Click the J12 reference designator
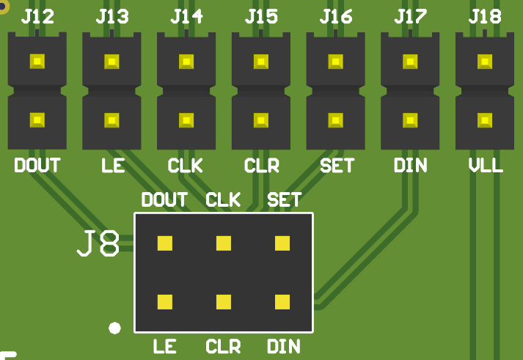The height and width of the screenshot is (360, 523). pyautogui.click(x=37, y=16)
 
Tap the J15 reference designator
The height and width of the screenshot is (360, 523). pyautogui.click(x=261, y=16)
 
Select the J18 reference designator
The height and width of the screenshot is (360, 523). pyautogui.click(x=485, y=16)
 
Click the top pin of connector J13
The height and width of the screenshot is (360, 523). pyautogui.click(x=111, y=62)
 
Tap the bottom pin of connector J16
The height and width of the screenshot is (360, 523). pyautogui.click(x=335, y=120)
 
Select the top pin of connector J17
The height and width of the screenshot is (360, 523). pyautogui.click(x=410, y=62)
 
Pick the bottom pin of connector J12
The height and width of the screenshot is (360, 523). pyautogui.click(x=37, y=120)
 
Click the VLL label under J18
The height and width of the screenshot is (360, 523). pyautogui.click(x=486, y=166)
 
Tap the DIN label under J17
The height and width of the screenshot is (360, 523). pyautogui.click(x=410, y=166)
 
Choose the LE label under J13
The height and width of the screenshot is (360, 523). pyautogui.click(x=113, y=166)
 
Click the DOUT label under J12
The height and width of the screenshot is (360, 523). pyautogui.click(x=37, y=166)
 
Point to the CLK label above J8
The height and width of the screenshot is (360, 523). pyautogui.click(x=223, y=199)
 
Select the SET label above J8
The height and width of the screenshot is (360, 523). pyautogui.click(x=284, y=199)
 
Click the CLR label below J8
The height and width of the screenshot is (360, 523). pyautogui.click(x=223, y=346)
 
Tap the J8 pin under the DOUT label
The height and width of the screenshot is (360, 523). pyautogui.click(x=165, y=243)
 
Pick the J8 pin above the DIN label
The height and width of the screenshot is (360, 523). pyautogui.click(x=282, y=301)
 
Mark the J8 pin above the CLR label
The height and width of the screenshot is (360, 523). pyautogui.click(x=224, y=301)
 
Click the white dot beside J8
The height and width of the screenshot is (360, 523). pyautogui.click(x=114, y=328)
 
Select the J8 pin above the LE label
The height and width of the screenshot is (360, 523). pyautogui.click(x=165, y=301)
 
